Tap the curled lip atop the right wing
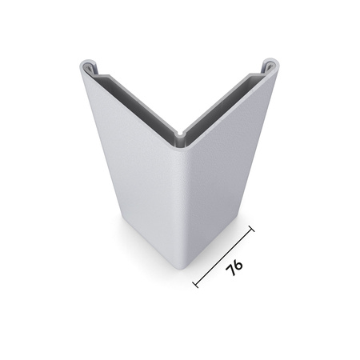[x=271, y=63]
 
